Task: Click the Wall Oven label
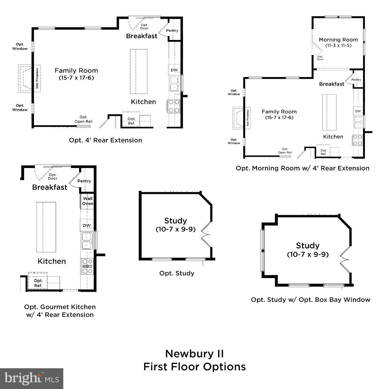pyautogui.click(x=88, y=201)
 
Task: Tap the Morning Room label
pyautogui.click(x=338, y=40)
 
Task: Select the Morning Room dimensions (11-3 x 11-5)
pyautogui.click(x=338, y=46)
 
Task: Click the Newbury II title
pyautogui.click(x=194, y=354)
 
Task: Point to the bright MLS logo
pyautogui.click(x=32, y=379)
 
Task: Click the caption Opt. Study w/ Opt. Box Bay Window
pyautogui.click(x=310, y=300)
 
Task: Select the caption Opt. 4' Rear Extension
pyautogui.click(x=106, y=140)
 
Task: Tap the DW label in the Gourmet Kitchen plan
pyautogui.click(x=87, y=225)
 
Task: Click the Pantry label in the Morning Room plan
pyautogui.click(x=356, y=80)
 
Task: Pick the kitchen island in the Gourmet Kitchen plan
pyautogui.click(x=46, y=227)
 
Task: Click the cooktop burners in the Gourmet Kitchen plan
pyautogui.click(x=87, y=266)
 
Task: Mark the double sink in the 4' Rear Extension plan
pyautogui.click(x=174, y=84)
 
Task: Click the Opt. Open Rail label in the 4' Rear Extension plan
pyautogui.click(x=84, y=119)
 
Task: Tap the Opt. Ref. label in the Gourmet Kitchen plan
pyautogui.click(x=38, y=283)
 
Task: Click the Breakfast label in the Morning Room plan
pyautogui.click(x=331, y=84)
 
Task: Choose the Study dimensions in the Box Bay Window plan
pyautogui.click(x=308, y=254)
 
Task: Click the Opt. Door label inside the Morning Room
pyautogui.click(x=320, y=58)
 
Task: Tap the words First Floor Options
pyautogui.click(x=195, y=367)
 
